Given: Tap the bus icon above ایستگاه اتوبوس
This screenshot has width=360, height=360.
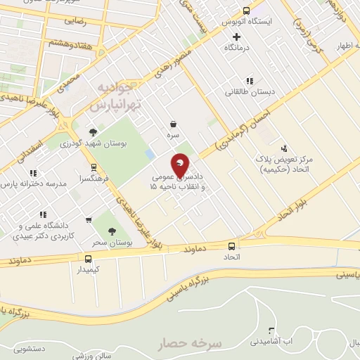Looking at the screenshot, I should tap(245, 11).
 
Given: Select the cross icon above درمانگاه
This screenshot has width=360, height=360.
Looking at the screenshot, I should tap(236, 37).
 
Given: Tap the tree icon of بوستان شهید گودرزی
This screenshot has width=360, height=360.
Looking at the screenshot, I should tap(92, 131).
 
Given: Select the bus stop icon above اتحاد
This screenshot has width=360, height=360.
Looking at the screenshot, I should tap(231, 246).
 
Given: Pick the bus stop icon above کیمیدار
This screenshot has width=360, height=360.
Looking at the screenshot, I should tap(87, 258).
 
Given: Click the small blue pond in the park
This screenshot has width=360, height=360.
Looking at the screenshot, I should tap(150, 153).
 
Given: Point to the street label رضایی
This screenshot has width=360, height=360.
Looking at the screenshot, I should tap(75, 21).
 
